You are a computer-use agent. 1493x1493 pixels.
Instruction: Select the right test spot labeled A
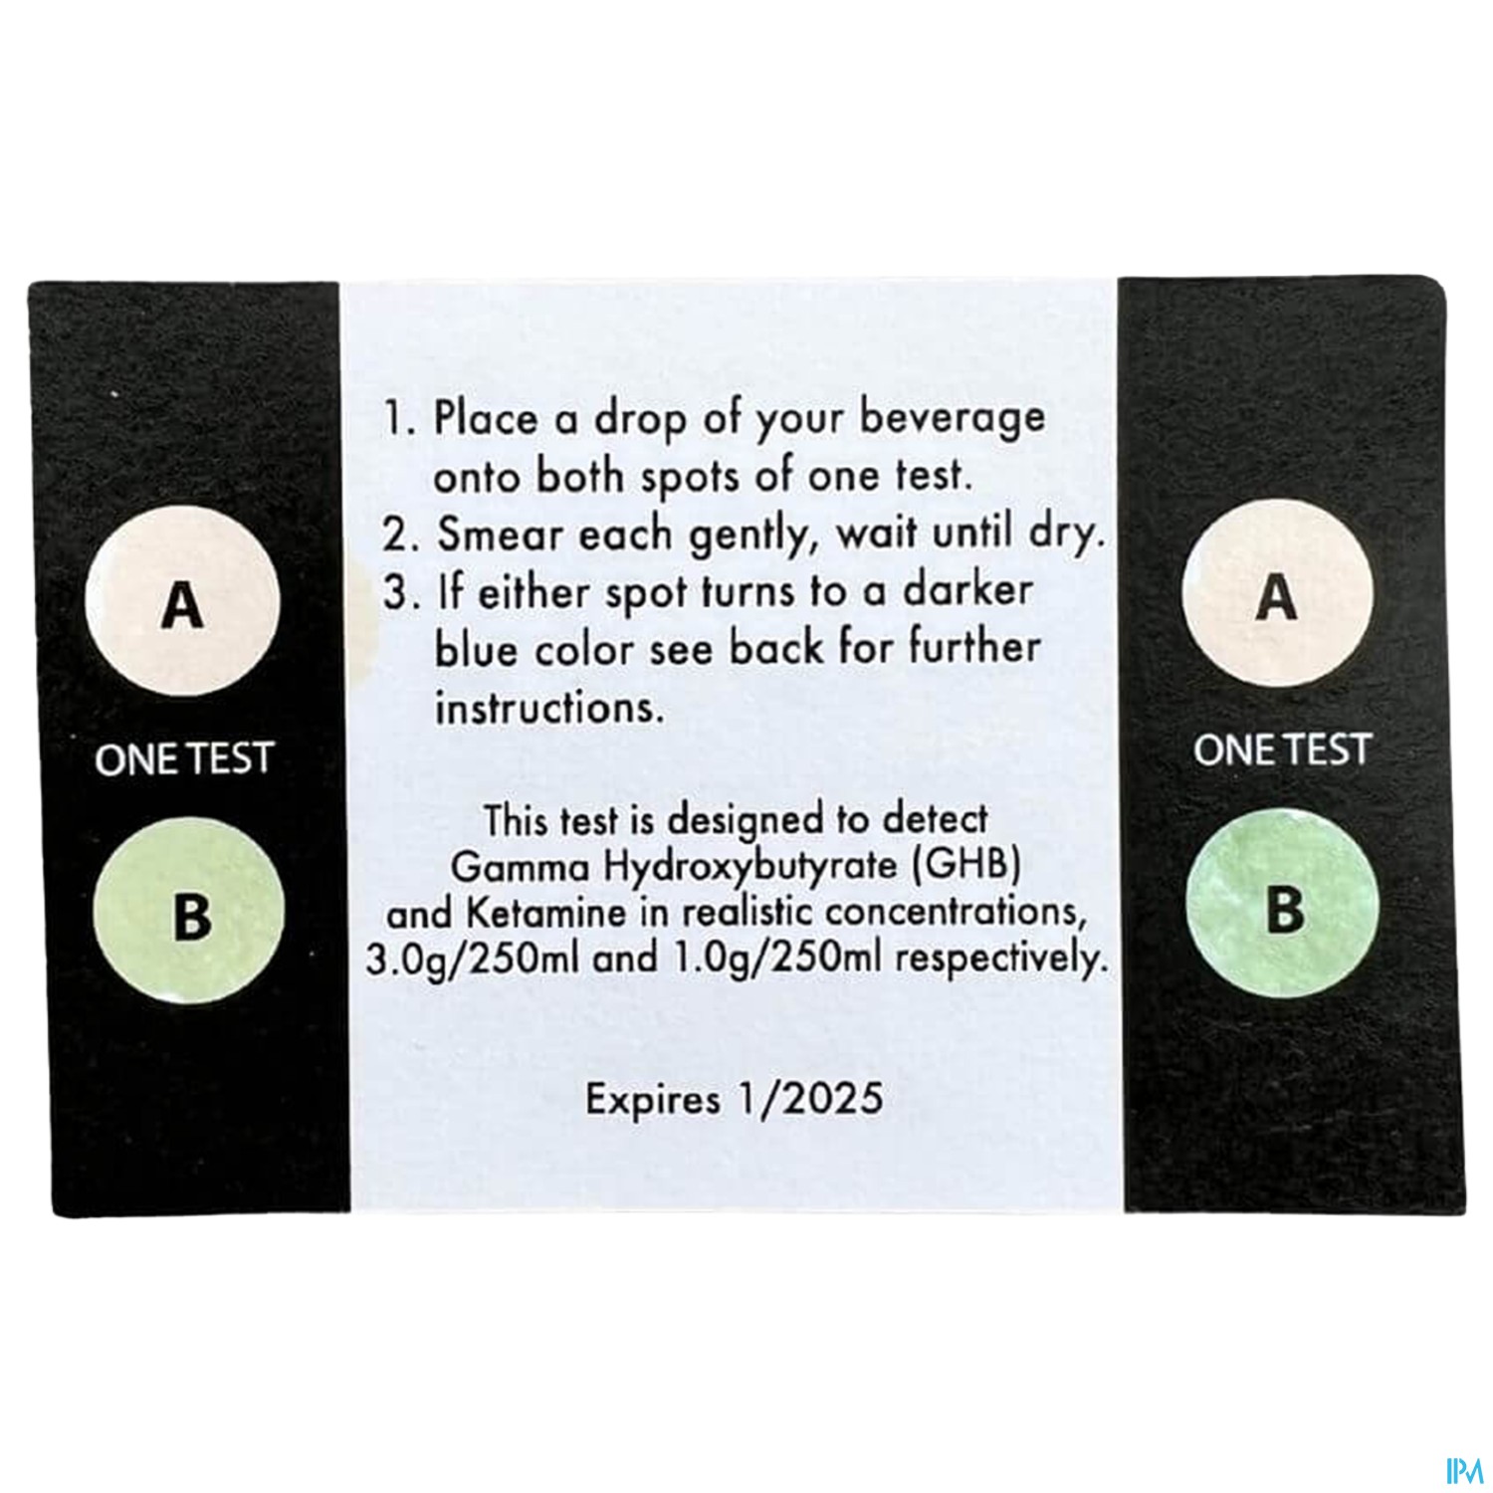(x=1278, y=594)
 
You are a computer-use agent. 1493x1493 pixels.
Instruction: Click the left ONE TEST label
(x=183, y=760)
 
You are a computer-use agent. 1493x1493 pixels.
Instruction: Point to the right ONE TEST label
(x=1282, y=748)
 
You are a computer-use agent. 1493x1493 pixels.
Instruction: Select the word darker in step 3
(x=967, y=590)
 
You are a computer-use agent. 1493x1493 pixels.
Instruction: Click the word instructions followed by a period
(x=548, y=708)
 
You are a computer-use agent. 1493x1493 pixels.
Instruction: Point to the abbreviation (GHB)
(x=965, y=865)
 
